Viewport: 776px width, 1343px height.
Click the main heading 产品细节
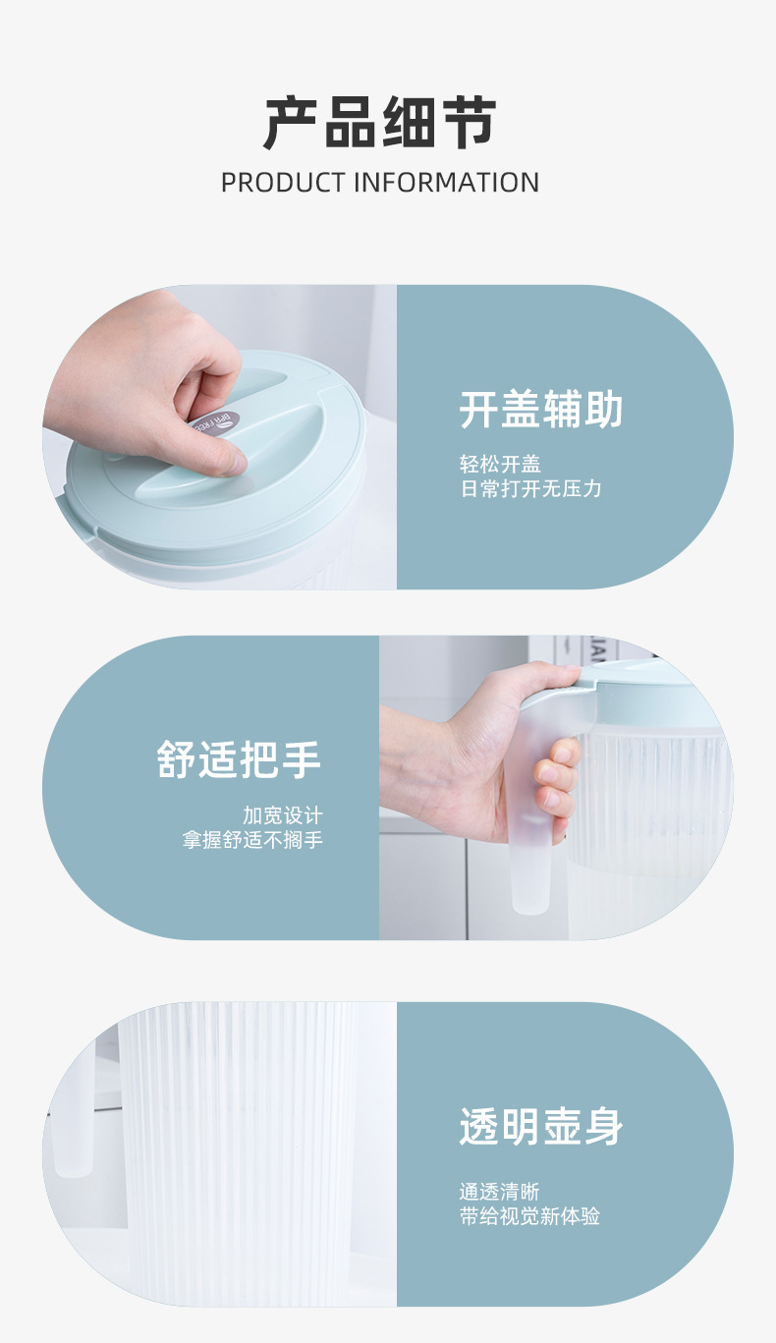380,123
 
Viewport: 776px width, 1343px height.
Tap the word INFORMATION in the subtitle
446,183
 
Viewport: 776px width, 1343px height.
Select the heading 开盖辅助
541,410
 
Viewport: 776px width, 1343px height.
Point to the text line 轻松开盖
500,464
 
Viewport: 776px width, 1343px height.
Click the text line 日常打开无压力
530,488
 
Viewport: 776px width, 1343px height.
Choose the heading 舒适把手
239,759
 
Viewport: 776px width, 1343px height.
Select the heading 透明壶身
541,1126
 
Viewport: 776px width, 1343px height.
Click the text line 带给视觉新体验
529,1216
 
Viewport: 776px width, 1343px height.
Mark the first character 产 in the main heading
292,123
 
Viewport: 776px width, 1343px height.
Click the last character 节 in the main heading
468,123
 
